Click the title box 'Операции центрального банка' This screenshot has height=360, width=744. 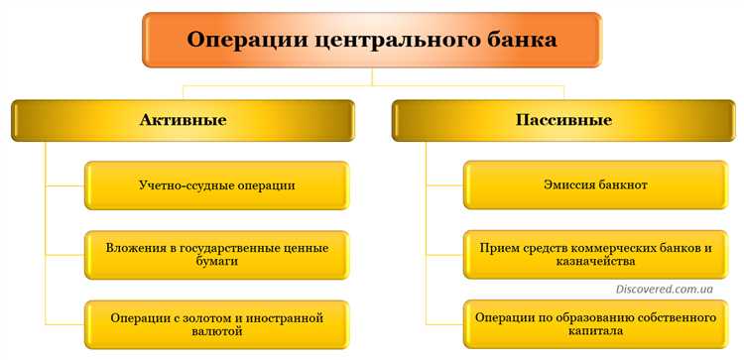tap(372, 41)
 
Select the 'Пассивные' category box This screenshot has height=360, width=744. tap(562, 121)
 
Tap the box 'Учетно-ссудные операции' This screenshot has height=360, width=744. tap(216, 185)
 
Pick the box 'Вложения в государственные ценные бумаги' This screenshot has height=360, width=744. tap(216, 255)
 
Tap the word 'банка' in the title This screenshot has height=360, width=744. tap(514, 41)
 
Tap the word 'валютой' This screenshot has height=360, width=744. tap(216, 334)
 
